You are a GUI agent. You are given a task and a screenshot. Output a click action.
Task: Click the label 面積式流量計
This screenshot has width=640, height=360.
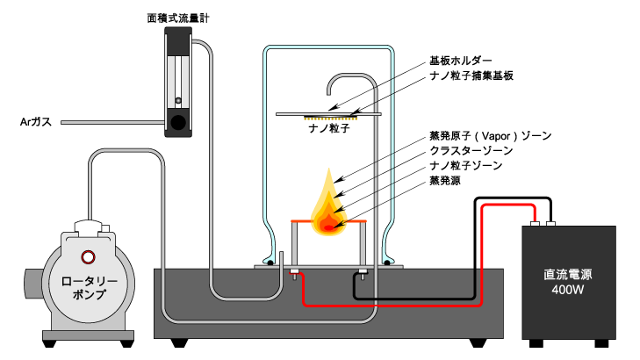178,18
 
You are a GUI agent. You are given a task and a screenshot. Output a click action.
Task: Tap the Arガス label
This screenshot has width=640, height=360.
36,122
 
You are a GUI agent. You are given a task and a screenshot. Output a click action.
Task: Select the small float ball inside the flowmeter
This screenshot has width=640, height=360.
178,100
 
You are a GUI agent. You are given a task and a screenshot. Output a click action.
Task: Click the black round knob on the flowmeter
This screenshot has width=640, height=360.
178,122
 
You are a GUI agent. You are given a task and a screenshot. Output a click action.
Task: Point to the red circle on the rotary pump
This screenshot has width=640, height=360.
88,257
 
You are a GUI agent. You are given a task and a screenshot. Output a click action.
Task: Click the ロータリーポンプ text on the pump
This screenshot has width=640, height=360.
89,288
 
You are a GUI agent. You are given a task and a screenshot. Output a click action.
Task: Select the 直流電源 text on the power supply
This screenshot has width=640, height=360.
568,274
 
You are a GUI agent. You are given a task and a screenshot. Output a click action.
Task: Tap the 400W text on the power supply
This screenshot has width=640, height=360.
568,290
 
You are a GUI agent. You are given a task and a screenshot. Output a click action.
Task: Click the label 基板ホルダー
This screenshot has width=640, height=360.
461,61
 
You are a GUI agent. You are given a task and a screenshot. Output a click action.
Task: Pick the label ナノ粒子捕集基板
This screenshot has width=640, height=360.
471,76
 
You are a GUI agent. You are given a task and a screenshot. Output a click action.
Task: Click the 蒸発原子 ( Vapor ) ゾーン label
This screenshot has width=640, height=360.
491,136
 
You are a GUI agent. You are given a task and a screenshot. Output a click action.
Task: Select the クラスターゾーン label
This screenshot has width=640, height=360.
471,151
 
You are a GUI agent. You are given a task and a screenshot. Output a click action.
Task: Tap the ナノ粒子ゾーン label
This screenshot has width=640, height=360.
465,165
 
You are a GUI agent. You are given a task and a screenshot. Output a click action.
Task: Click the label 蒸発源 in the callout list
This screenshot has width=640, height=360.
445,180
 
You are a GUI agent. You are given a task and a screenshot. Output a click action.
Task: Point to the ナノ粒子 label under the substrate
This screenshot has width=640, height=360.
329,128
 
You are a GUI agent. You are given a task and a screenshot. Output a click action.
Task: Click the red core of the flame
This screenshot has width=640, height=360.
328,226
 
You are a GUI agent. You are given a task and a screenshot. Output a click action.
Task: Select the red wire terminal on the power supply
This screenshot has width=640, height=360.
535,224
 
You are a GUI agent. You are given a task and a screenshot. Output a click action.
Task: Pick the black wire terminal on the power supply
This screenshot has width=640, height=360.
551,224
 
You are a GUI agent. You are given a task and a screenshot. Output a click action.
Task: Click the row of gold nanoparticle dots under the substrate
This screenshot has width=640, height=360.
331,119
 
